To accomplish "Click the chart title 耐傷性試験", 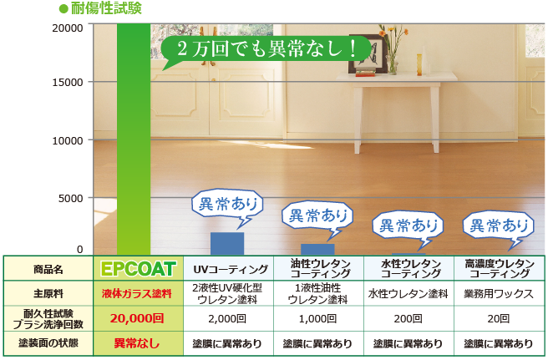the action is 106,8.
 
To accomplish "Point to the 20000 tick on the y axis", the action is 68,28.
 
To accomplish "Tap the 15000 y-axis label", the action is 68,83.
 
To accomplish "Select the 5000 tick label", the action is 71,198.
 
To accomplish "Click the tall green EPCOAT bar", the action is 134,139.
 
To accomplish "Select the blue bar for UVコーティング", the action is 227,244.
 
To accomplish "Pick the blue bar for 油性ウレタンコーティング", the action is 317,250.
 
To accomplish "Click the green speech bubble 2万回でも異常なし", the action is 266,50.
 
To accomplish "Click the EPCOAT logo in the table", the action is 138,269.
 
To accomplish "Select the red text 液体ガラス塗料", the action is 137,293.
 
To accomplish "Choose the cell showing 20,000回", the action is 137,318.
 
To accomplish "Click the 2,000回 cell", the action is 227,319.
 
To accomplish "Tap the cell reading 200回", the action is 408,319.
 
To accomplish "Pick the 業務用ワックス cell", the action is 499,293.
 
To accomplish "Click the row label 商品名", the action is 48,269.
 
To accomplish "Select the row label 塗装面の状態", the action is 48,343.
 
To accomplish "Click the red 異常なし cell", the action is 137,343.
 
